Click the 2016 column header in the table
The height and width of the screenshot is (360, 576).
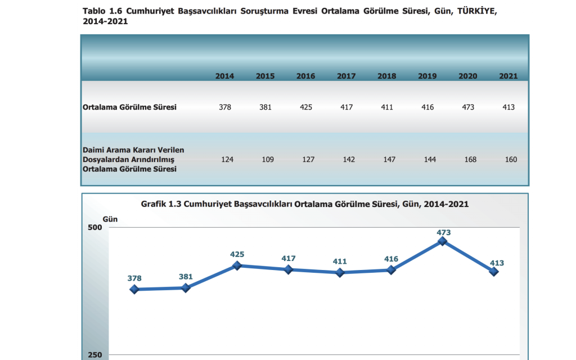(305, 76)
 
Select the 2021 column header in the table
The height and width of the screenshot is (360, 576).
(508, 76)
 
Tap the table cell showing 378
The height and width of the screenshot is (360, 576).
(225, 107)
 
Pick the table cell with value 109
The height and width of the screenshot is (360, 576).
(268, 160)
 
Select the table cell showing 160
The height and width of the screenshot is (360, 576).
(511, 160)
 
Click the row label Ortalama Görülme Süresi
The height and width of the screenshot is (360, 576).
(129, 107)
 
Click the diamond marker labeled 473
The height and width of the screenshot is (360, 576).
(442, 241)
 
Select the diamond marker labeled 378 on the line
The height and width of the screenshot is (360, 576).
(134, 289)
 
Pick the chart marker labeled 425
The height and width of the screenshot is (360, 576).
(237, 265)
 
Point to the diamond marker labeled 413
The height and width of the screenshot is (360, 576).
(494, 272)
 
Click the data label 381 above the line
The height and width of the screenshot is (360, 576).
(186, 277)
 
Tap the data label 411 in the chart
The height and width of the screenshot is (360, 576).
(340, 262)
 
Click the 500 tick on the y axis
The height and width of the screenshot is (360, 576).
(94, 227)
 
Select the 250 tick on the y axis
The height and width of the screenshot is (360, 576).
(94, 355)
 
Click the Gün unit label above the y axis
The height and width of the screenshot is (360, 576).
(110, 218)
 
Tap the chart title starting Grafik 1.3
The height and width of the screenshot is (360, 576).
(304, 204)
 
